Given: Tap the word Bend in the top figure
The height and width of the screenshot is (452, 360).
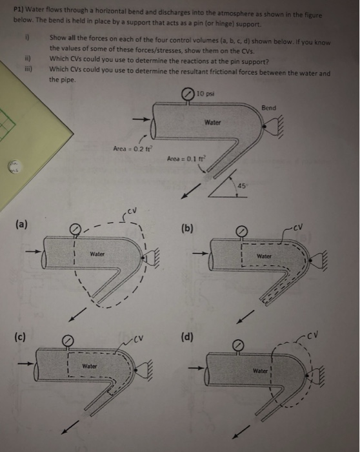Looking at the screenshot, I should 268,108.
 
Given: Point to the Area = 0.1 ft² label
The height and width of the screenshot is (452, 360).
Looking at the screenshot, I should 186,158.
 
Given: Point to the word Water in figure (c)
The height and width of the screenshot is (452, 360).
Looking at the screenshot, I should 90,367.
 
